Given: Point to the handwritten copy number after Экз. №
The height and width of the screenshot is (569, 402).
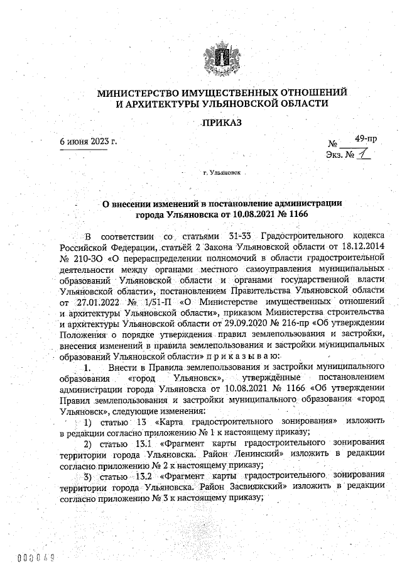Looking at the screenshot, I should pyautogui.click(x=361, y=153).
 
